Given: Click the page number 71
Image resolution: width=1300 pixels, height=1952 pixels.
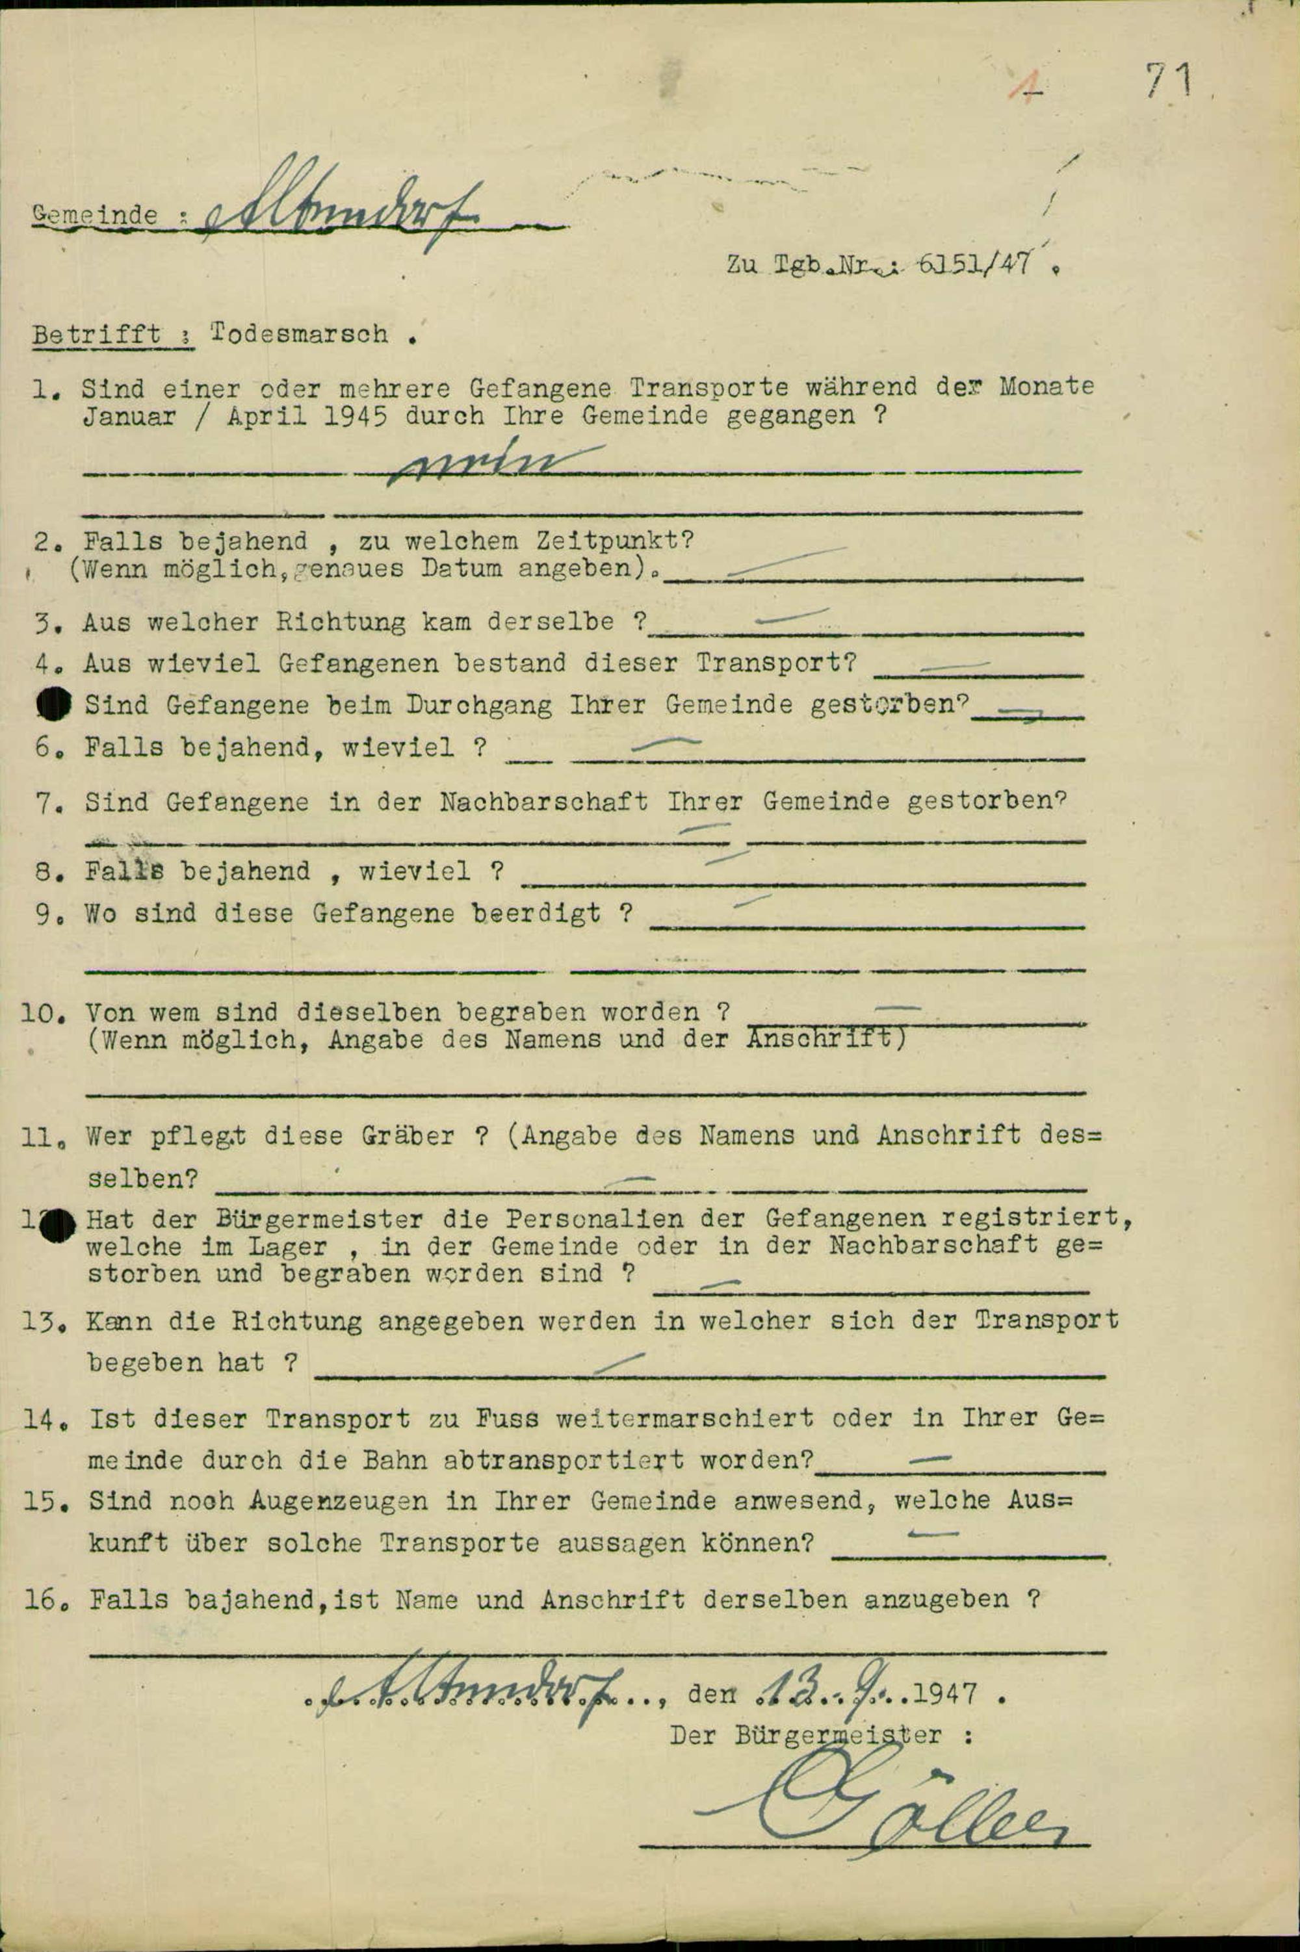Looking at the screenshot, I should (x=1169, y=81).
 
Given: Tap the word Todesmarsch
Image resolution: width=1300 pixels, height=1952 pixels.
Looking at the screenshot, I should (x=299, y=334).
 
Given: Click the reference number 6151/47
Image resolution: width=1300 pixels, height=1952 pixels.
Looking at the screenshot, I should (x=975, y=264).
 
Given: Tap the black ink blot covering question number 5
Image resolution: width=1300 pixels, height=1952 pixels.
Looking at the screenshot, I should (x=55, y=704).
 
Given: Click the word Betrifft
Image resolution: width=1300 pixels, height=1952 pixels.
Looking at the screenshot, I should (x=96, y=334).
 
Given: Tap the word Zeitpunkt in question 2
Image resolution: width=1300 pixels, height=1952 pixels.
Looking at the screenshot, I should (x=614, y=541).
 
